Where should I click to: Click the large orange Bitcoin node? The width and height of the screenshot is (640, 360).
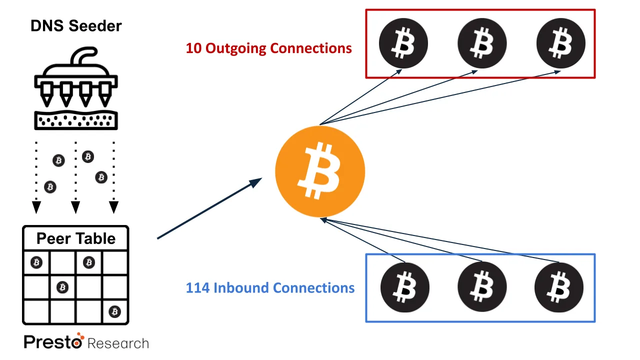point(320,171)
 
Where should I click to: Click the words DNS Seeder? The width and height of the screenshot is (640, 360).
point(76,26)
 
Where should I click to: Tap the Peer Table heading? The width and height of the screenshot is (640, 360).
point(76,238)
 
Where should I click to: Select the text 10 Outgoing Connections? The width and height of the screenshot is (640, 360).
point(268,48)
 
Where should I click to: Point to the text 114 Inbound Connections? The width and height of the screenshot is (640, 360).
point(270,287)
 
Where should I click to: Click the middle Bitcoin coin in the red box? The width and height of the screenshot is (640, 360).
point(482,43)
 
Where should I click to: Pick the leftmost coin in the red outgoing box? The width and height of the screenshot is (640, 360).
point(403,43)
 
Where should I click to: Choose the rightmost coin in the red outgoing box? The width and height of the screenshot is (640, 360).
point(561,43)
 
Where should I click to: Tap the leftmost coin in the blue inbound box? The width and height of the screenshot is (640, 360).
point(405,287)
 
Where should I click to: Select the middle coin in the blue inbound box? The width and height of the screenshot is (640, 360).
point(482,287)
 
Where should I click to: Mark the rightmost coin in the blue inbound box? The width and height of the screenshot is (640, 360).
point(559,287)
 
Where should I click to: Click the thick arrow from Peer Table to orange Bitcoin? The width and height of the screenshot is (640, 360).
point(209,208)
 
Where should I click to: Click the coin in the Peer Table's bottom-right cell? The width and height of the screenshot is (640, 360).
point(115,311)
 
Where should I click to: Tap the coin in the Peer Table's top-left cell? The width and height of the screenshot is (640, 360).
point(36,262)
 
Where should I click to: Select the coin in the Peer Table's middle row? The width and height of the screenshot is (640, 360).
point(62,287)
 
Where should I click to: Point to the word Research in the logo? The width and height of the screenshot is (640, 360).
point(118,343)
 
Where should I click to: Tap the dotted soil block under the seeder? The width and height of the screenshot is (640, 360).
point(76,120)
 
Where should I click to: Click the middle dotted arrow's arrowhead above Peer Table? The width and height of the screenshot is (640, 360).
point(75,207)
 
